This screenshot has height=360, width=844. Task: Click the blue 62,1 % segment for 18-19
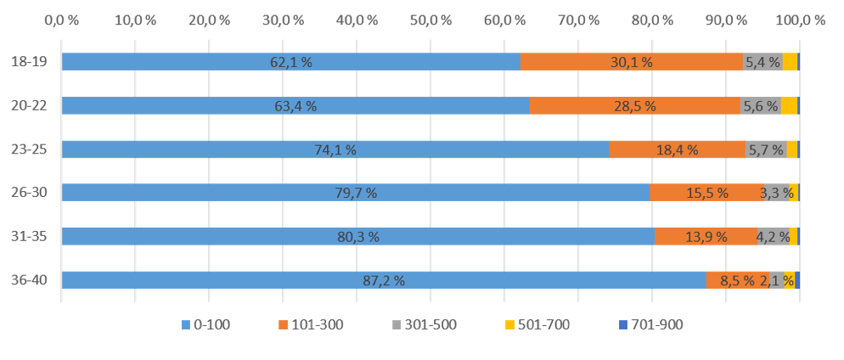pos(291,62)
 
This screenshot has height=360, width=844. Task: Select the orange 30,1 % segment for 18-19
pos(632,62)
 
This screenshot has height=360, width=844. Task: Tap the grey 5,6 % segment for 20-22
pos(760,106)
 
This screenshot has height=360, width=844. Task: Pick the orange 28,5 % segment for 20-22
pos(634,106)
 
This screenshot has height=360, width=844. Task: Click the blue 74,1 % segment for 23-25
pos(335,149)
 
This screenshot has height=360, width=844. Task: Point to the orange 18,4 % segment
pos(677,149)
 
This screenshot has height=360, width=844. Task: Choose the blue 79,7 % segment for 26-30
pos(356,193)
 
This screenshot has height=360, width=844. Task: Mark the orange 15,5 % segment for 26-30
pos(706,193)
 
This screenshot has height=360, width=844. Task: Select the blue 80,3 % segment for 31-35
pos(358,237)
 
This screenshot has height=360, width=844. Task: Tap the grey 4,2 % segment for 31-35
pos(773,237)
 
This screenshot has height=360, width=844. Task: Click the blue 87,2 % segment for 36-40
pos(384,280)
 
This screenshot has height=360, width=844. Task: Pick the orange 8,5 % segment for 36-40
pos(737,280)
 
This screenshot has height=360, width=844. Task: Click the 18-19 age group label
pos(28,62)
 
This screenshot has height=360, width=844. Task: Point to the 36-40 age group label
pos(28,280)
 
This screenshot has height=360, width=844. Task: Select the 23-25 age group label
pos(28,149)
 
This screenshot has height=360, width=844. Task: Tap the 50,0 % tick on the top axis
pos(430,20)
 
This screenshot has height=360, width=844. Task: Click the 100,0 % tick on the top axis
pos(800,20)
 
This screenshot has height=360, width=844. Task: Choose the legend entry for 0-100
pos(205,325)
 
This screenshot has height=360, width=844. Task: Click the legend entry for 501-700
pos(537,325)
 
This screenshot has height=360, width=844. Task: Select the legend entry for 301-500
pos(424,325)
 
